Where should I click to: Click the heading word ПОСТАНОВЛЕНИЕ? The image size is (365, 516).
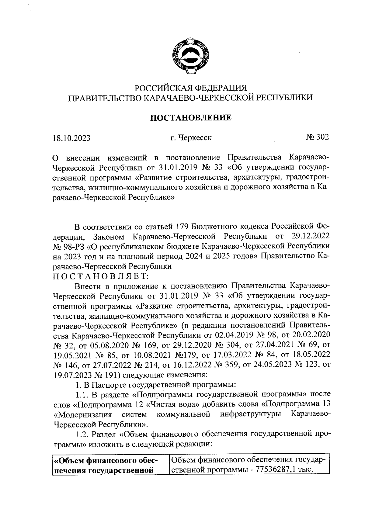click(x=191, y=118)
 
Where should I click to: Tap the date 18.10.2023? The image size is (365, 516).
click(x=71, y=138)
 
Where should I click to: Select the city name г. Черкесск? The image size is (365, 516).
click(x=191, y=138)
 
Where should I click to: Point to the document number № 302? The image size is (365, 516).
click(x=317, y=137)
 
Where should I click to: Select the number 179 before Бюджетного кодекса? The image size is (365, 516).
click(x=182, y=227)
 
